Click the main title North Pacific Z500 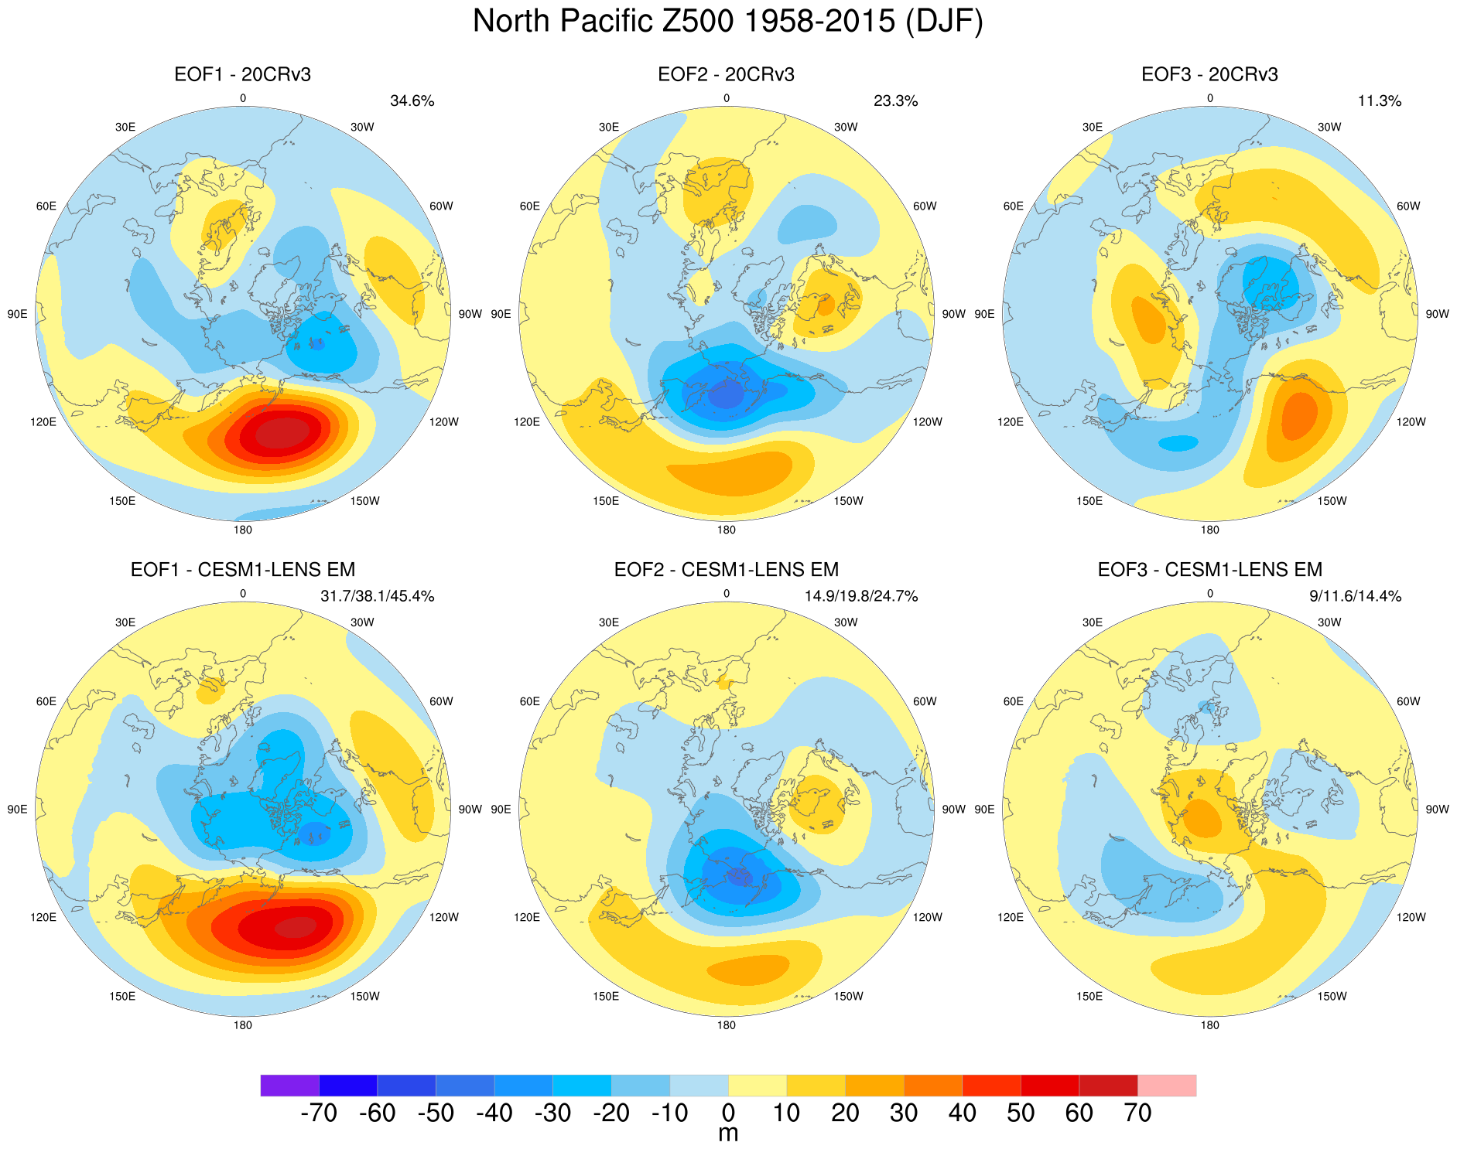coord(727,22)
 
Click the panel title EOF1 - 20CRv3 coord(242,74)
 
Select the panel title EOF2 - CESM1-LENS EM coord(726,570)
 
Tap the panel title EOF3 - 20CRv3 coord(1209,74)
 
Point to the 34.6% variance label coord(412,101)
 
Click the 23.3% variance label coord(895,101)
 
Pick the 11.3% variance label coord(1379,101)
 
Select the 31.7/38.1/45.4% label coord(377,596)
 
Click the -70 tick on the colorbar coord(318,1113)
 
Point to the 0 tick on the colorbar coord(728,1113)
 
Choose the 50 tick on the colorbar coord(1021,1113)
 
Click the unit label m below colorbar coord(728,1134)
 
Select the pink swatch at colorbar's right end coord(1167,1085)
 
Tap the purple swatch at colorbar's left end coord(289,1085)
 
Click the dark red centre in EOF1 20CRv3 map coord(283,433)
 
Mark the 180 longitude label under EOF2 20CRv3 coord(726,530)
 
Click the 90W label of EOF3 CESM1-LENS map coord(1437,810)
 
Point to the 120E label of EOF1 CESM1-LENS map coord(43,917)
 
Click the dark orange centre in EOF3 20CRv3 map coord(1299,415)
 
